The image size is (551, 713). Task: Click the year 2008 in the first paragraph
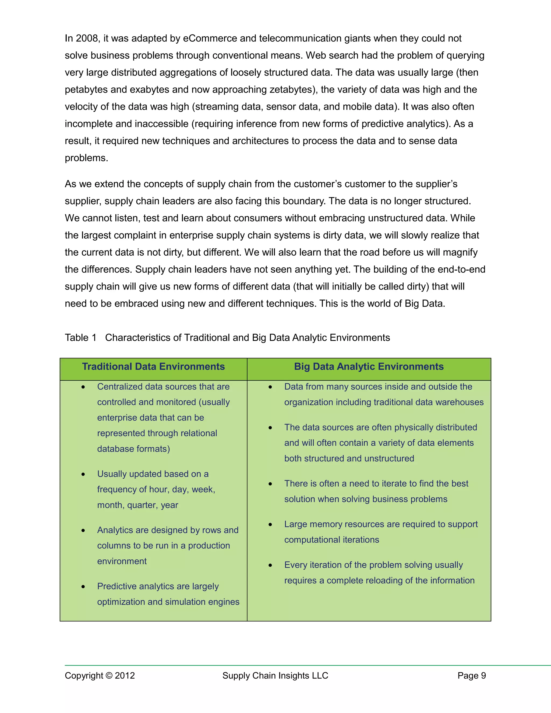[87, 38]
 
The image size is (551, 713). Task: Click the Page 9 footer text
[471, 675]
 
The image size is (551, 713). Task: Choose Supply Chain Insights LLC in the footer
[275, 675]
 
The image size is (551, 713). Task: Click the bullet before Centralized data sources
[83, 387]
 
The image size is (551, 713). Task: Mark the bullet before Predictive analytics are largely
[83, 587]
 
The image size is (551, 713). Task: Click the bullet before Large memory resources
[270, 525]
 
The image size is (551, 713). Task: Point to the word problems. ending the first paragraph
[86, 158]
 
